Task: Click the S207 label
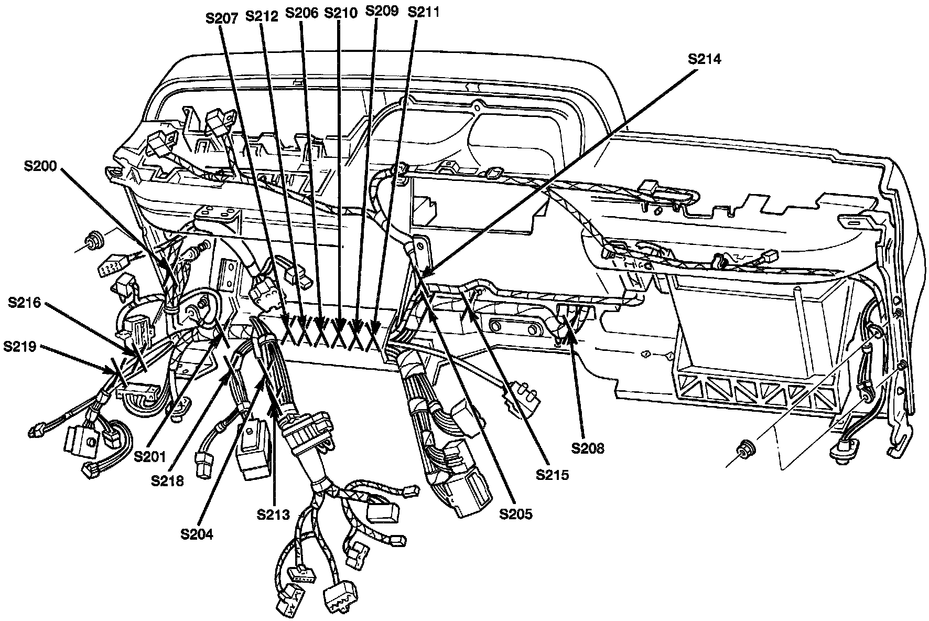click(222, 17)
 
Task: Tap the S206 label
click(302, 13)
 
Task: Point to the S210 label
click(341, 13)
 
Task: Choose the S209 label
click(381, 11)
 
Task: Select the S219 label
click(19, 346)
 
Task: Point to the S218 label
click(167, 480)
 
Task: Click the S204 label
click(197, 534)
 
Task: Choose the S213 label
click(273, 514)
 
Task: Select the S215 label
click(552, 475)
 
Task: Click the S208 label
click(588, 448)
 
